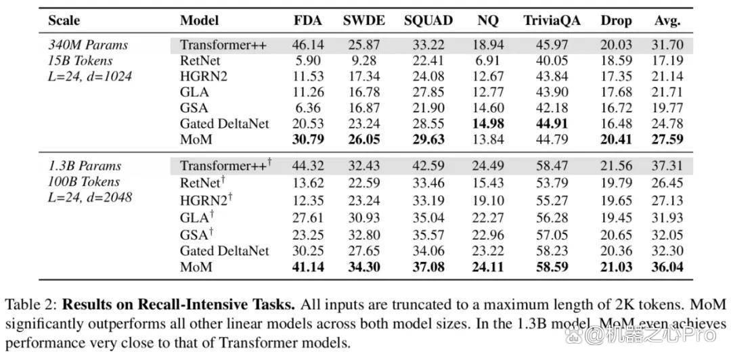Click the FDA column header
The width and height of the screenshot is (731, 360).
[308, 21]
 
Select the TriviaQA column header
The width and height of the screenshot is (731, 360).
[552, 21]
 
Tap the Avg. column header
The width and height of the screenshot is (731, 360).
[667, 22]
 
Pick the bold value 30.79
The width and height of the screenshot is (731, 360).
[308, 139]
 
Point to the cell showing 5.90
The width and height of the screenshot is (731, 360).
[308, 61]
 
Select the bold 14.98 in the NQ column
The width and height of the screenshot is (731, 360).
[487, 124]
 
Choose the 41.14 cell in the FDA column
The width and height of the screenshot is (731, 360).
[308, 267]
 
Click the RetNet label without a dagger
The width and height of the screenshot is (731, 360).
[200, 61]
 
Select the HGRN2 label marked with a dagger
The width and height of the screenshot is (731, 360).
[206, 200]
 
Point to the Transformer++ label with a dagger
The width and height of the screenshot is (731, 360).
[226, 166]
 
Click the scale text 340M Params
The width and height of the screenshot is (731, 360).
[88, 45]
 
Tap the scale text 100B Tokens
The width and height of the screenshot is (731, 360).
[84, 182]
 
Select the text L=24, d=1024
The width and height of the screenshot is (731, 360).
[90, 76]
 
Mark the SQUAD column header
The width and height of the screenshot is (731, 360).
[428, 22]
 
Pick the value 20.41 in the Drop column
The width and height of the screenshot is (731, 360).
[616, 139]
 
